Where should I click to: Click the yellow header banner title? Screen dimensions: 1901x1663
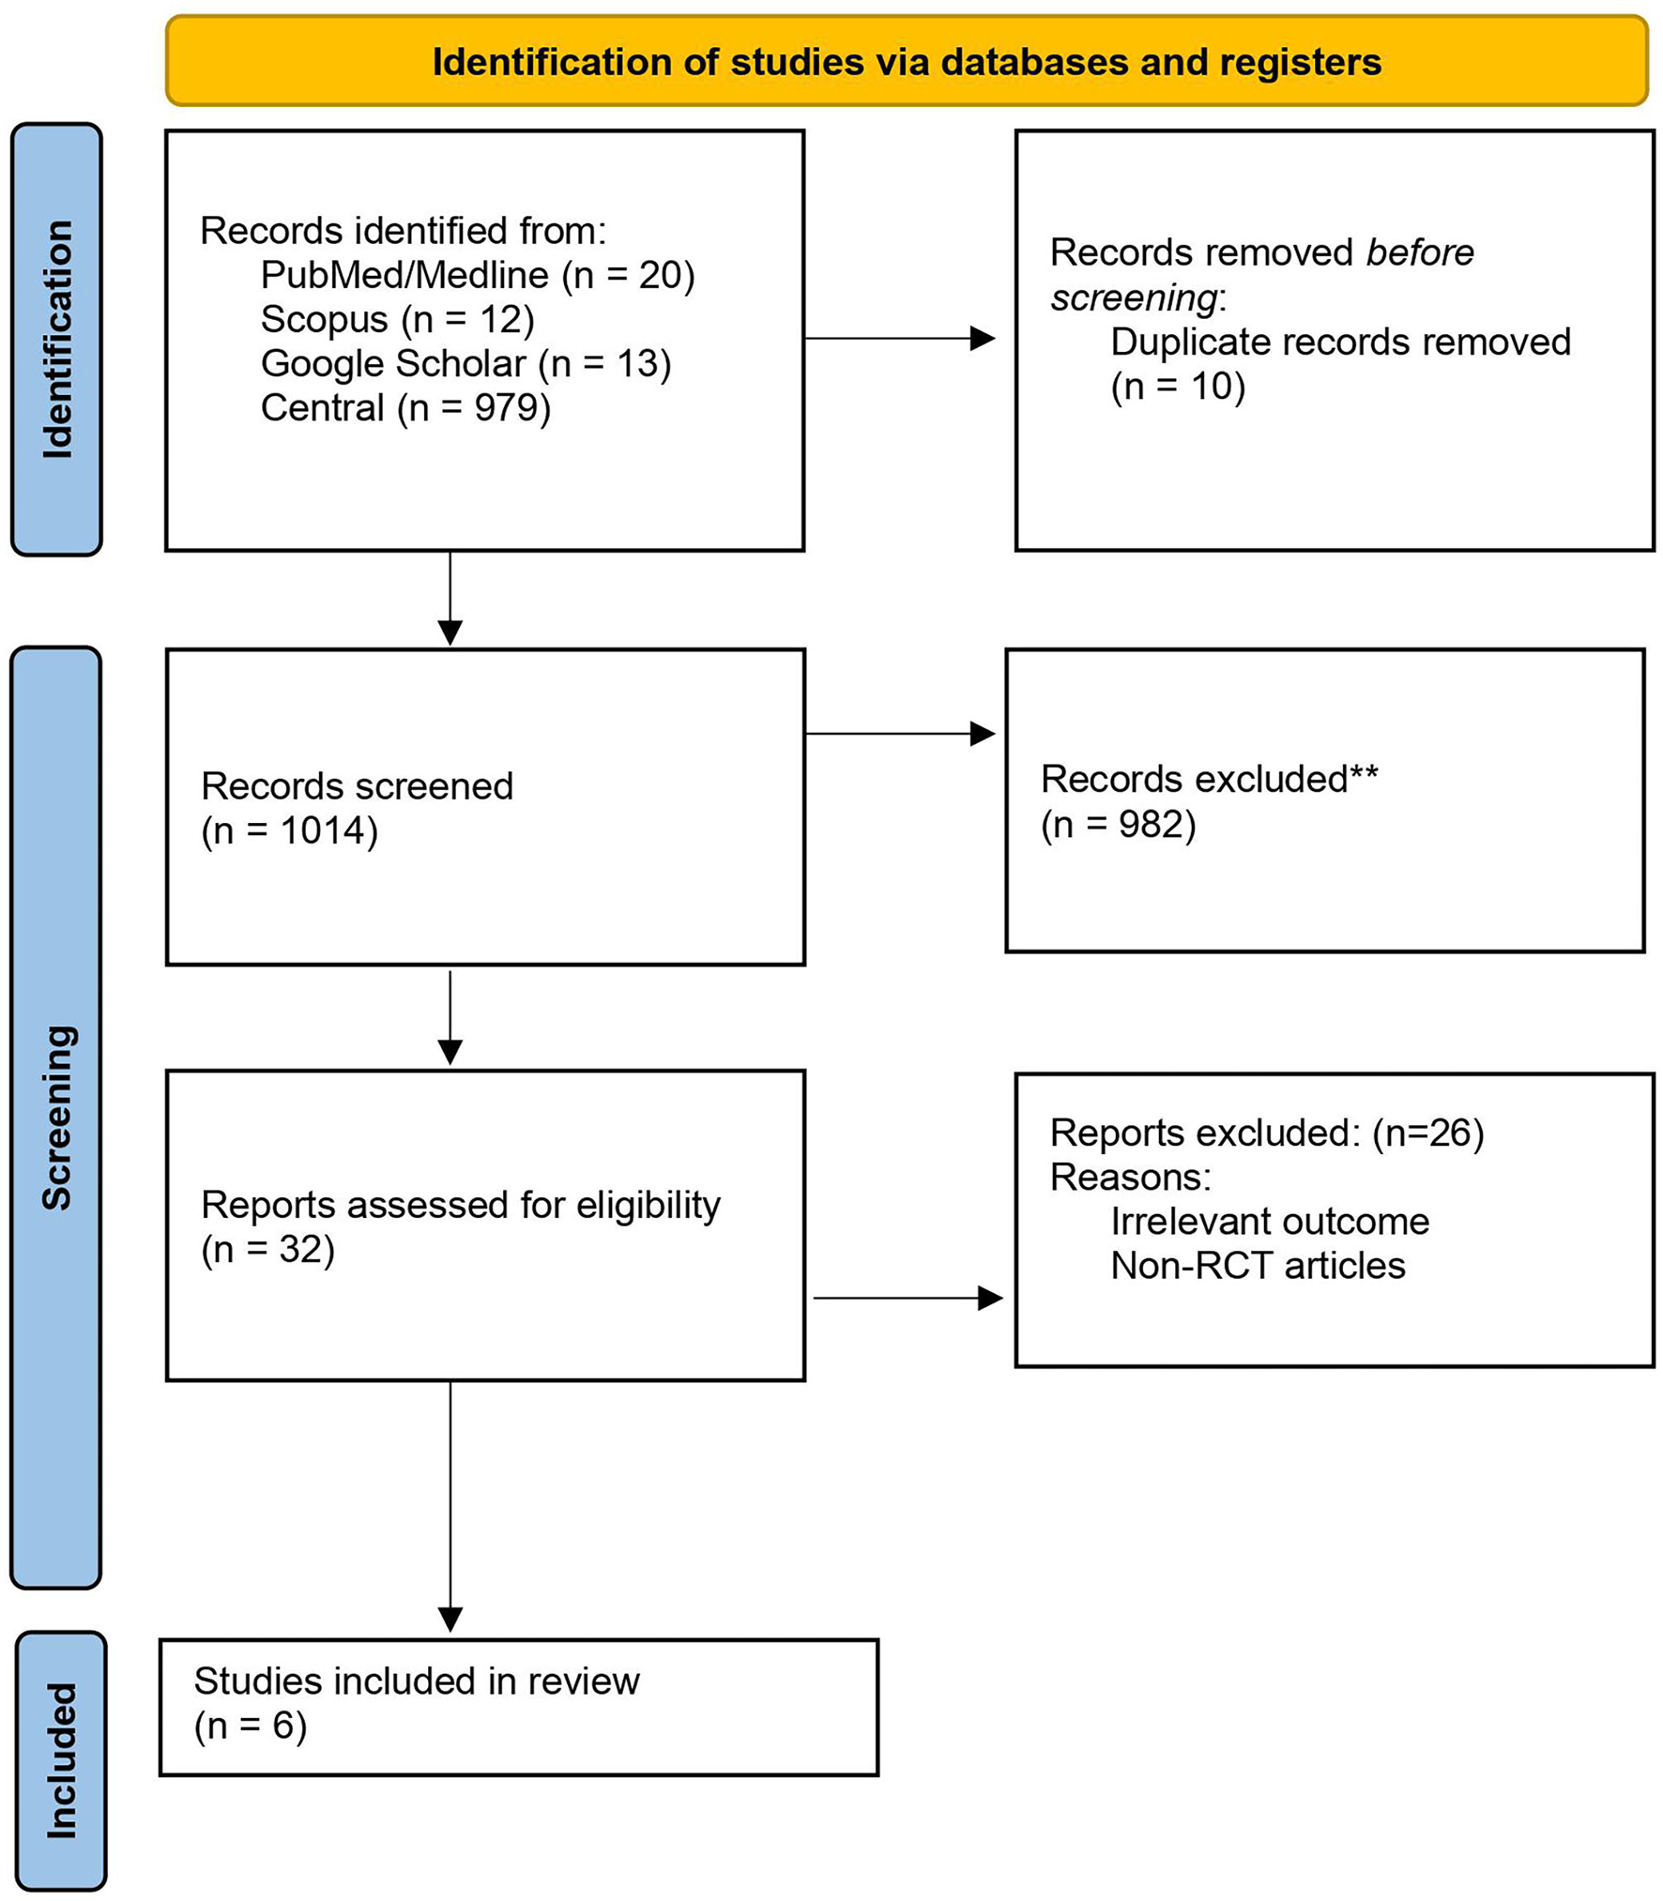[x=906, y=62]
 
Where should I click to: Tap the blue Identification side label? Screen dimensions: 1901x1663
[x=57, y=340]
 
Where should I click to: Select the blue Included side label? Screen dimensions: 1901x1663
[x=61, y=1760]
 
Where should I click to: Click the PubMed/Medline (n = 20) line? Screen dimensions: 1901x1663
[x=477, y=275]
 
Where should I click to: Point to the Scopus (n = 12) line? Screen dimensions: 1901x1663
[x=397, y=319]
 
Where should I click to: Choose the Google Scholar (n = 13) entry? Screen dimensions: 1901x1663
[x=465, y=363]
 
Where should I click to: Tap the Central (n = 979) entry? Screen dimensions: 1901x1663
[x=405, y=407]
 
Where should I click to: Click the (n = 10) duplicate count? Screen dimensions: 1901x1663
[x=1177, y=386]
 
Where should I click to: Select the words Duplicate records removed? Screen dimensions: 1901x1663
[x=1339, y=342]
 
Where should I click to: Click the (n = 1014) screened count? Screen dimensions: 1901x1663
[x=289, y=830]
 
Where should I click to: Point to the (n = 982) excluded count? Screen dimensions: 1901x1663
[x=1118, y=824]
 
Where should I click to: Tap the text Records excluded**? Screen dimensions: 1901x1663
[x=1209, y=779]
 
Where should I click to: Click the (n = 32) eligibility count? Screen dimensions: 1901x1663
[x=267, y=1249]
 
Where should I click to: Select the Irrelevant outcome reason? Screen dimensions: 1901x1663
[x=1269, y=1221]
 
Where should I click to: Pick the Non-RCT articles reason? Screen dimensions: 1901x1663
[x=1258, y=1266]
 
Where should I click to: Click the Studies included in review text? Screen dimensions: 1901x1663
[x=416, y=1680]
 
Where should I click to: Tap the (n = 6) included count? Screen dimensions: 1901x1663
[x=250, y=1726]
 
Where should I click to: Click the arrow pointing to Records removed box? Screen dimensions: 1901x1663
[x=899, y=339]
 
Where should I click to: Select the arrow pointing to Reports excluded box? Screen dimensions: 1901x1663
[x=907, y=1298]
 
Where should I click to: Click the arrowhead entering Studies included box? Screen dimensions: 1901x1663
[x=450, y=1619]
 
